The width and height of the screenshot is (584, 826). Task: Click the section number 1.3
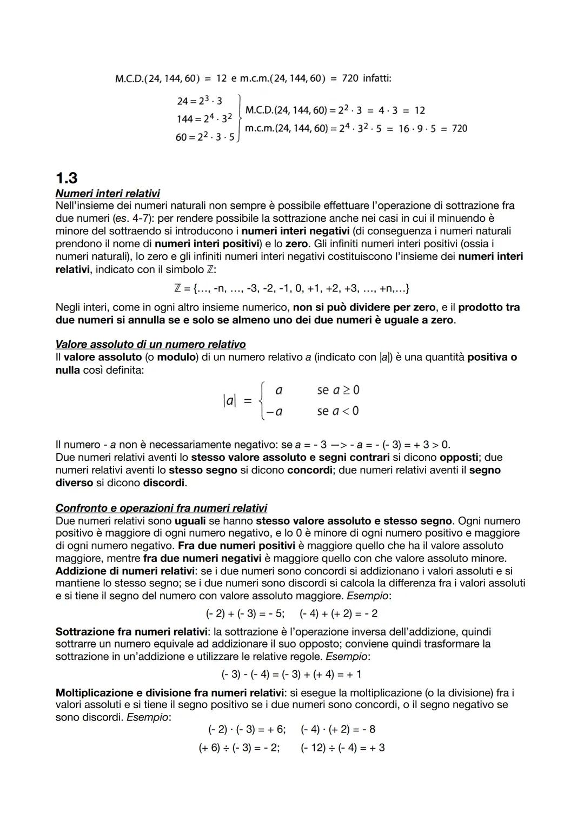coord(67,178)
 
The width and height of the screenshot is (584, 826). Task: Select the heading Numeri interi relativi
coord(108,193)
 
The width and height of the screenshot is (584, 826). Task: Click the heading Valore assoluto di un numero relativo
coord(150,345)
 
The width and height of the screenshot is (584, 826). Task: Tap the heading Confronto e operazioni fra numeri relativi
coord(161,508)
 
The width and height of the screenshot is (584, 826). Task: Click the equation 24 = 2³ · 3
coord(199,101)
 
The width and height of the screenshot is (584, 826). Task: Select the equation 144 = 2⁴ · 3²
coord(204,118)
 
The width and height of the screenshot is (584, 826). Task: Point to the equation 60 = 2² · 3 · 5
coord(205,137)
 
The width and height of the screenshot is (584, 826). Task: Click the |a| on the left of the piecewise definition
coord(230,401)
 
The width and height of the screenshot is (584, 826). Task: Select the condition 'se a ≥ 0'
coord(338,390)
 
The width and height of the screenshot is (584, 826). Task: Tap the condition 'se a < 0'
coord(338,411)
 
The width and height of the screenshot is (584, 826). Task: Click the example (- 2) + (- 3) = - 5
coord(245,613)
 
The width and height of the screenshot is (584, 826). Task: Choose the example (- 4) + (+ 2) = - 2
coord(339,613)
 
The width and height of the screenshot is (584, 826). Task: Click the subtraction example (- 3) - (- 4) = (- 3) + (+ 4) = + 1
coord(291,675)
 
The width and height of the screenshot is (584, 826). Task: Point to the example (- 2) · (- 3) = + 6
coord(247,729)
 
